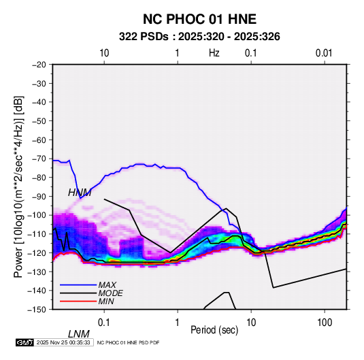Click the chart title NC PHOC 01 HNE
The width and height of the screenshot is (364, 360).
point(199,19)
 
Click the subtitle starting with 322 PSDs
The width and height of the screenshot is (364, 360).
point(199,37)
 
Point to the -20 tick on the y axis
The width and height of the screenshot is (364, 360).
point(39,65)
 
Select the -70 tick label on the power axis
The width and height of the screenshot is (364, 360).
point(39,159)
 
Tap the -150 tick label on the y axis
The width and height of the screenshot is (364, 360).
point(37,310)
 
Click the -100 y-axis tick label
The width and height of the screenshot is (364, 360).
point(37,215)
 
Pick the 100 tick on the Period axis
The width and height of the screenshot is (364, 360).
point(325,323)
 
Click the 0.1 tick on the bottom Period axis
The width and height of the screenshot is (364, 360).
point(104,323)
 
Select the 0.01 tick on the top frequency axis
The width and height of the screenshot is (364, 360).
point(324,53)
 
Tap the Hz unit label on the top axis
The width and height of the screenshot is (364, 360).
point(214,53)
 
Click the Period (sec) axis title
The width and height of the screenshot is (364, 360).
point(214,330)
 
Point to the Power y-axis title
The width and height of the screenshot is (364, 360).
point(18,186)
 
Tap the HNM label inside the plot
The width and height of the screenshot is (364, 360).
point(80,193)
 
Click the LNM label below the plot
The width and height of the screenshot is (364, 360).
point(79,334)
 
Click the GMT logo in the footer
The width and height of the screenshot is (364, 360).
point(24,342)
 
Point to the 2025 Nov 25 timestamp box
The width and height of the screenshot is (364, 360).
point(63,342)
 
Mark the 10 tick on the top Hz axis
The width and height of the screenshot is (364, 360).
point(104,53)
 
